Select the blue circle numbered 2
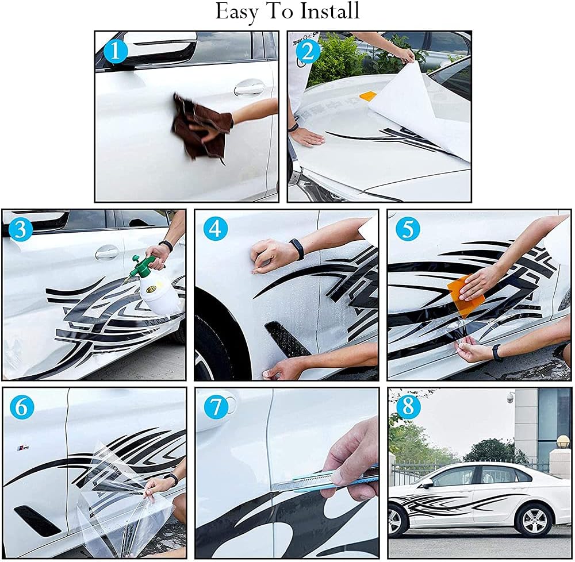tap(308, 52)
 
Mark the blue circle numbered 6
tap(22, 407)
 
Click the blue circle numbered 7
tap(216, 407)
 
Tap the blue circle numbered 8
tap(408, 407)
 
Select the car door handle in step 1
tap(249, 88)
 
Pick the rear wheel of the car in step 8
tap(533, 520)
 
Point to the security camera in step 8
tap(511, 397)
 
